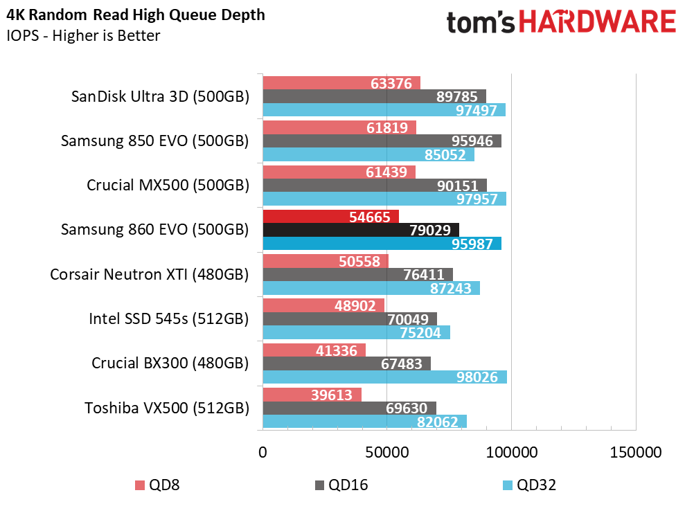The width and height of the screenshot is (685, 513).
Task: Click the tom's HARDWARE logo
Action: point(561,22)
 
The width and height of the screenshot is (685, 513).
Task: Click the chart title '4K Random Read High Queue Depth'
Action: point(136,15)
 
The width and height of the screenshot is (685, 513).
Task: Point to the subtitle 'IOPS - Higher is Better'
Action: point(84,35)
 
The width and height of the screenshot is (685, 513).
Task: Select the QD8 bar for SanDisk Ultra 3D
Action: point(341,83)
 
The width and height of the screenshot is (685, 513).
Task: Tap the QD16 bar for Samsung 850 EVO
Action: point(381,141)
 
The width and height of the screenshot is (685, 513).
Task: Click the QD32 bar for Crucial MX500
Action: point(384,199)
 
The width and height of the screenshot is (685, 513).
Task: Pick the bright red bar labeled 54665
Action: point(330,216)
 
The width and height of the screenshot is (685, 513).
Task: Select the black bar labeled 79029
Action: point(360,230)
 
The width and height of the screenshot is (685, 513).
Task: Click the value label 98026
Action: point(480,377)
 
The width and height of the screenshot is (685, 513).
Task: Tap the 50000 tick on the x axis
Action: point(386,453)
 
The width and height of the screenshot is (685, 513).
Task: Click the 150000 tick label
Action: point(635,453)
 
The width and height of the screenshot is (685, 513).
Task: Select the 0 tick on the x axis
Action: point(263,453)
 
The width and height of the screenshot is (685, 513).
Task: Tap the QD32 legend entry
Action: point(528,485)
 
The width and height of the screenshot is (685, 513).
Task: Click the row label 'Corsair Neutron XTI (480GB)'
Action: point(149,274)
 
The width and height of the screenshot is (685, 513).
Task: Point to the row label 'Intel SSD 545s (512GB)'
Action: point(168,318)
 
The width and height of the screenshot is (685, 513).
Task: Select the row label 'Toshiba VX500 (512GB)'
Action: point(166,408)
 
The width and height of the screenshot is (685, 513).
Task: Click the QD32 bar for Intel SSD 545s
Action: point(356,332)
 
